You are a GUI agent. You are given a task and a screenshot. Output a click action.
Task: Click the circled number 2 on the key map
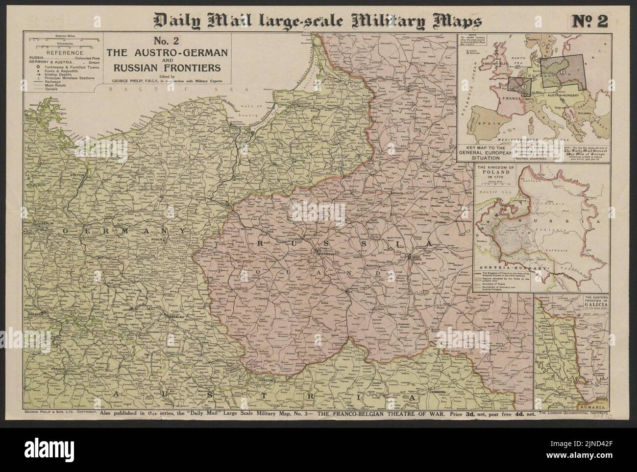[563, 71]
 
